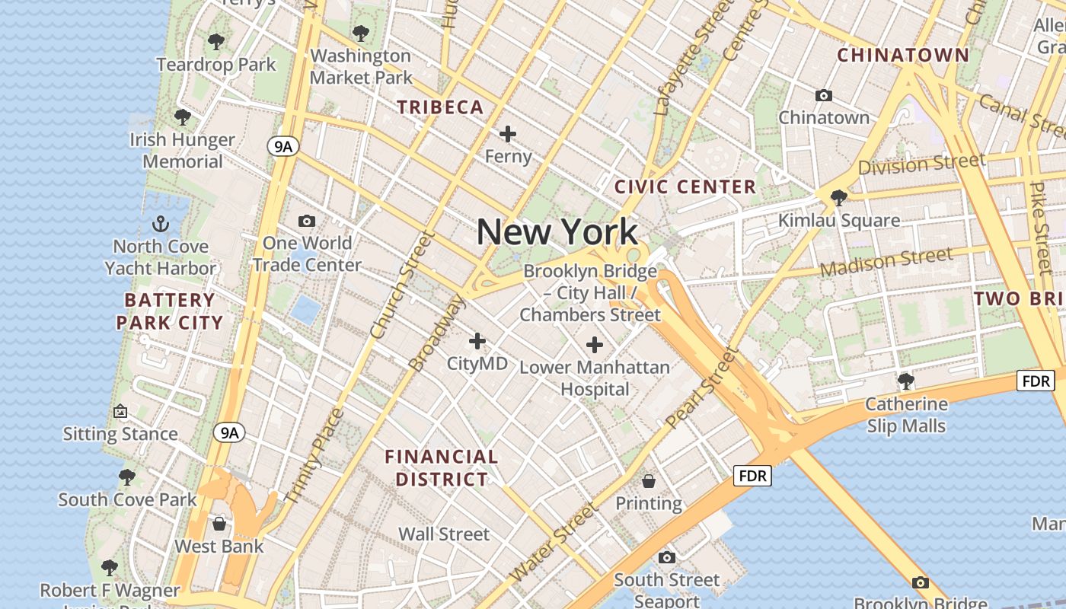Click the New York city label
(557, 232)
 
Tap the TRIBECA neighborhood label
(440, 107)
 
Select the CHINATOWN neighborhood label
(903, 55)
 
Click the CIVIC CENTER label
(685, 187)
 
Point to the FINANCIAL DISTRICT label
(441, 467)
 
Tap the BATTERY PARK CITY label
(169, 311)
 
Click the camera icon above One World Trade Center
(307, 221)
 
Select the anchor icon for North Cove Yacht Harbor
(160, 224)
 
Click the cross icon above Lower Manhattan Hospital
(595, 346)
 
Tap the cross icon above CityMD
(477, 341)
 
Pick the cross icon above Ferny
(508, 135)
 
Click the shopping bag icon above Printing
(649, 480)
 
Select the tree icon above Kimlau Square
(839, 198)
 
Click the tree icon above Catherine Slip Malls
(905, 381)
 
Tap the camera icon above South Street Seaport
(667, 557)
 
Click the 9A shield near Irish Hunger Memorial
(282, 146)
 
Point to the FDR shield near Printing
(753, 477)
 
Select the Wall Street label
(444, 534)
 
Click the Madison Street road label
(886, 262)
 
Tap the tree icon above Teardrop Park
(216, 42)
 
